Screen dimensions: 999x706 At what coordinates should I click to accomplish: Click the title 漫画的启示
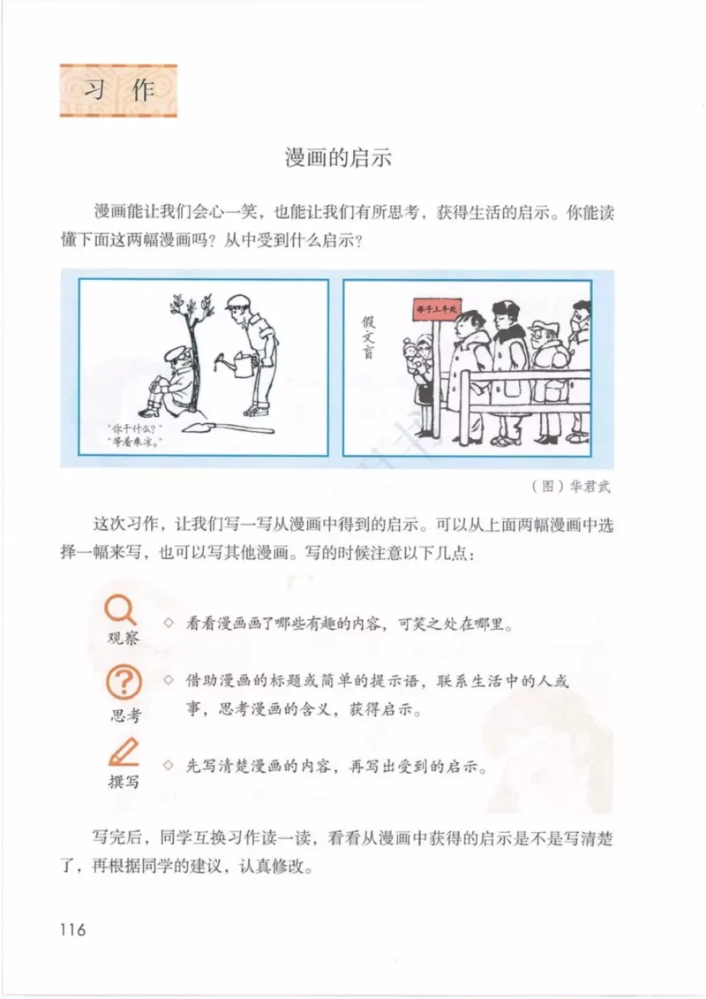click(338, 159)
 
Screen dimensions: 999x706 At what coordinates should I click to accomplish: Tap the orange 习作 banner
click(117, 91)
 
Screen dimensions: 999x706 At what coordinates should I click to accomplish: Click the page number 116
click(72, 929)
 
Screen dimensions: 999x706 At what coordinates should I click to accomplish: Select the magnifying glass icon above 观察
click(121, 609)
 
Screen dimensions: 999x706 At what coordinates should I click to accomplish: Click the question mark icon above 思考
click(124, 683)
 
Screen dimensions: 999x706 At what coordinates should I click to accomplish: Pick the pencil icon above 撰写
click(124, 752)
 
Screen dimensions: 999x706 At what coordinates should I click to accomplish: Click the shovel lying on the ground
click(226, 428)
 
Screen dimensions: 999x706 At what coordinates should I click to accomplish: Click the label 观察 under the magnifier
click(123, 638)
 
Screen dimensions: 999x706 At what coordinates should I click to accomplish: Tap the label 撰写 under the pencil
click(124, 781)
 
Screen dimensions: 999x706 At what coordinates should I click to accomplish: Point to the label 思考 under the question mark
click(124, 715)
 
